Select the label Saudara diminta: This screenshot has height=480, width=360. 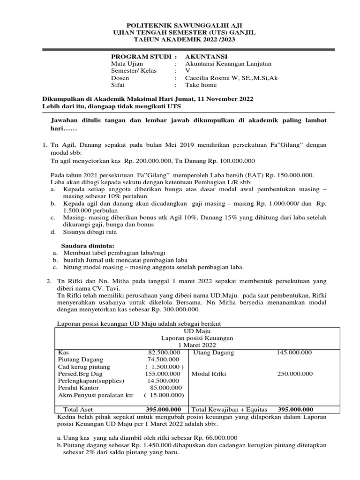(88, 247)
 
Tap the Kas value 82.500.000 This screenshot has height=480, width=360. (164, 352)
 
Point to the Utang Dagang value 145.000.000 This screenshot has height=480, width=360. (294, 352)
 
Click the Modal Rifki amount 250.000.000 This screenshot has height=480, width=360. (294, 374)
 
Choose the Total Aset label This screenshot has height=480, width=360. (78, 409)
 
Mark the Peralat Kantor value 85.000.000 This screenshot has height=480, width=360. (166, 388)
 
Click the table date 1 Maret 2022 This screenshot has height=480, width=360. (197, 345)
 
